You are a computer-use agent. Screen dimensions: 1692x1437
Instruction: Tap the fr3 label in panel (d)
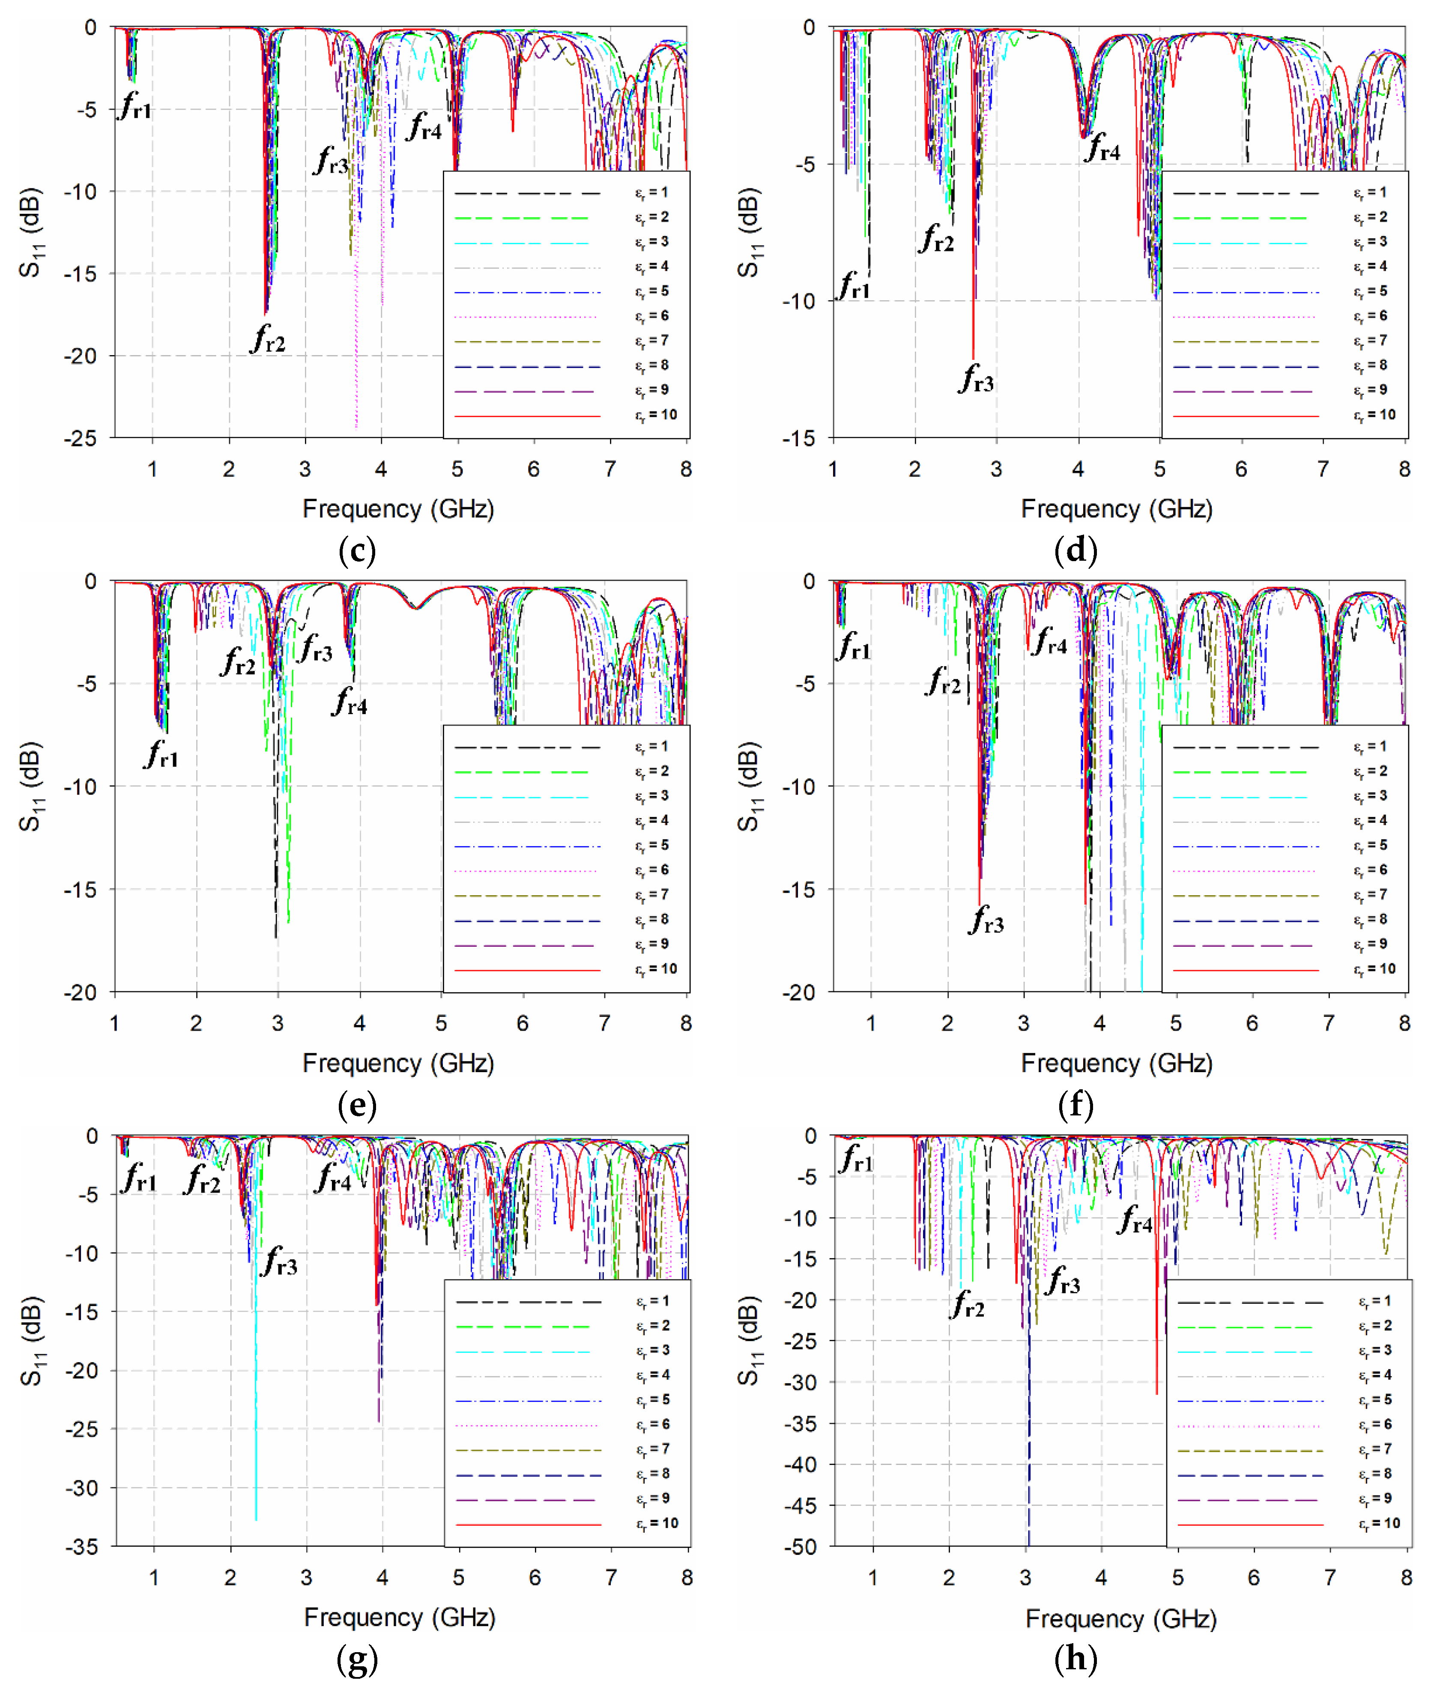point(976,379)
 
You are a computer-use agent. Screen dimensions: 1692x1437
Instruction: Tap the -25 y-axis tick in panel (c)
point(80,438)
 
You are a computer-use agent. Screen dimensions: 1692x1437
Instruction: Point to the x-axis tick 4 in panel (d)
point(1078,469)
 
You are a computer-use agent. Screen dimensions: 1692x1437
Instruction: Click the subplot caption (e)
point(357,1106)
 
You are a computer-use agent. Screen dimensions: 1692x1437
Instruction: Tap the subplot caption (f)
point(1076,1106)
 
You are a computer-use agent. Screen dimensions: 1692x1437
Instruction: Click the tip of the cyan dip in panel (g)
point(256,1519)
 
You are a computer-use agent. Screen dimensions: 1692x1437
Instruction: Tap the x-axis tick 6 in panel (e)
point(522,1023)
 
